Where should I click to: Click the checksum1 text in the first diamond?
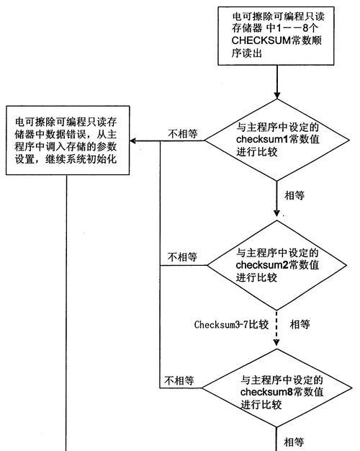click(262, 139)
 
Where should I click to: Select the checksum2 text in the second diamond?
click(262, 265)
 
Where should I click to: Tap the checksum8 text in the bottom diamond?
click(266, 392)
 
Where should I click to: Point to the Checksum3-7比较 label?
click(231, 325)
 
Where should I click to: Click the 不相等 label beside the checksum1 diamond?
click(183, 134)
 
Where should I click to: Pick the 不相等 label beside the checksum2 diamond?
click(182, 257)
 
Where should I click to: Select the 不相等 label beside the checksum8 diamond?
click(179, 380)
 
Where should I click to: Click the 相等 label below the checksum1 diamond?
click(294, 195)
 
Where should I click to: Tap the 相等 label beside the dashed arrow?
click(300, 325)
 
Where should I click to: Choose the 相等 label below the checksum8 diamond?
click(294, 442)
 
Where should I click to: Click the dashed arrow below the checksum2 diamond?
click(276, 328)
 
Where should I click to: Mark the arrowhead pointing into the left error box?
click(132, 141)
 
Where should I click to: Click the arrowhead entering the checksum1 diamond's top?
click(277, 96)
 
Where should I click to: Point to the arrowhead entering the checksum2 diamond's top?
click(276, 213)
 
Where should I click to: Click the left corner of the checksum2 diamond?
click(207, 265)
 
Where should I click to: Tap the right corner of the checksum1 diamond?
click(350, 140)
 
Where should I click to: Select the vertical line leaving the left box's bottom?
click(66, 313)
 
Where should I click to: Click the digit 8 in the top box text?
click(306, 29)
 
